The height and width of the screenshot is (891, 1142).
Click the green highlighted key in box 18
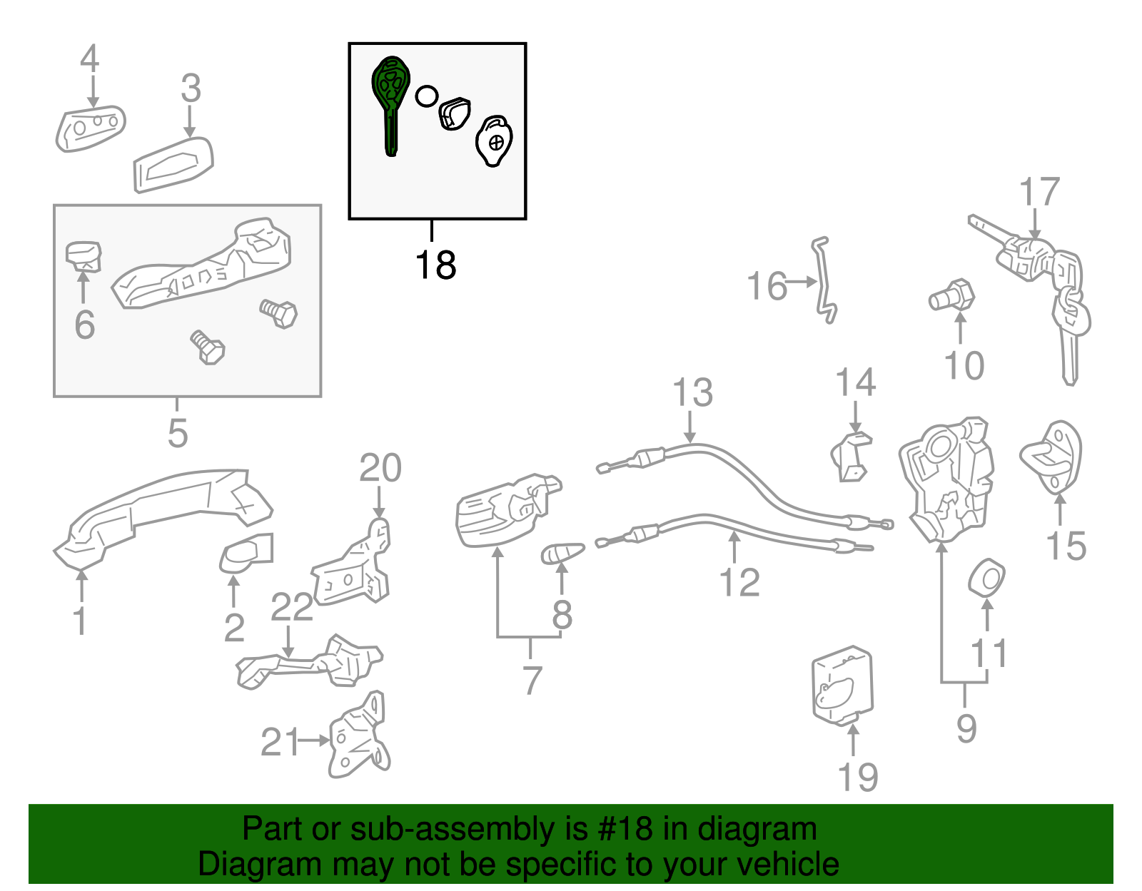[x=390, y=100]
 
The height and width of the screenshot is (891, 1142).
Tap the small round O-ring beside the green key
[x=426, y=96]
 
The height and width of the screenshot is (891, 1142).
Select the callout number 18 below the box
[x=435, y=265]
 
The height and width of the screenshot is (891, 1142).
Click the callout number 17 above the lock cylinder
[x=1039, y=193]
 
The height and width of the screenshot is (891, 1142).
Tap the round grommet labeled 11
[x=987, y=578]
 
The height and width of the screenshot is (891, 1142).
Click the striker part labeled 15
[x=1053, y=457]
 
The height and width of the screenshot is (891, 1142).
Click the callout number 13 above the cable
[x=692, y=393]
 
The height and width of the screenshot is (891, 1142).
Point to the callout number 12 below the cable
[x=739, y=583]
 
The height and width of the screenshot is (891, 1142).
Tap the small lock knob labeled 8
[x=562, y=553]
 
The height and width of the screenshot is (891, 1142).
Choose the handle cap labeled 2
[x=246, y=554]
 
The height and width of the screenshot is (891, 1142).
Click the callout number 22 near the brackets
[x=292, y=607]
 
